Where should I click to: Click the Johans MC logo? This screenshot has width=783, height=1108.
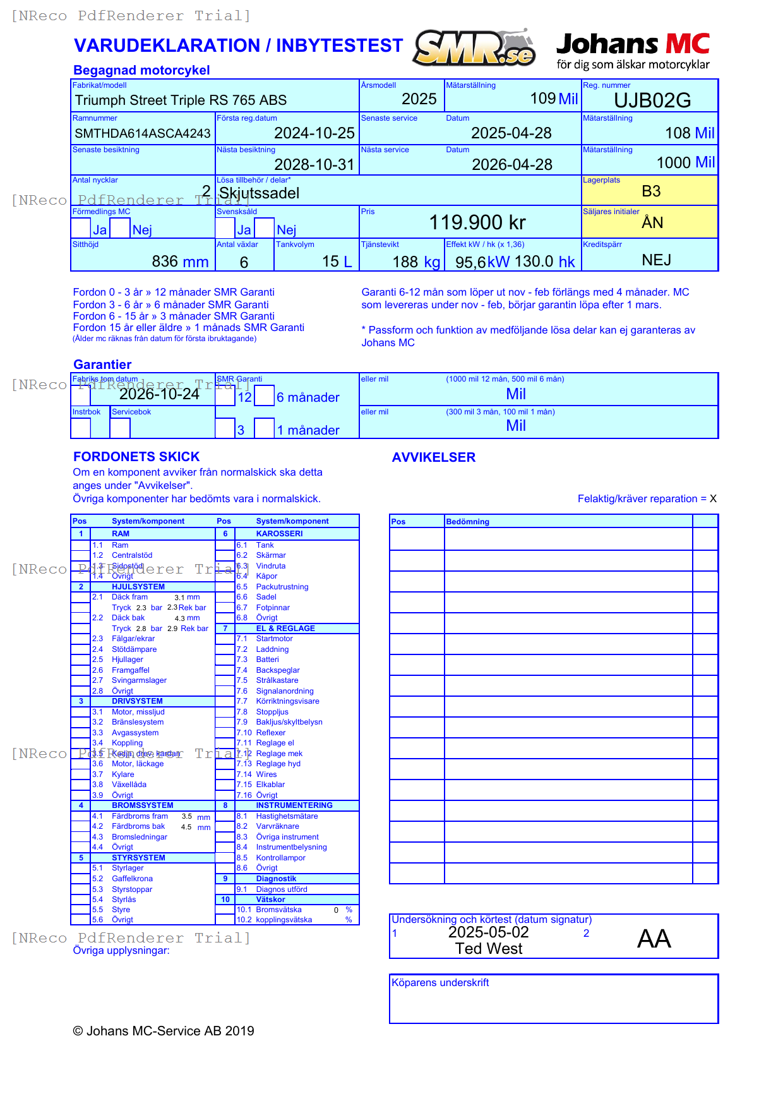633,51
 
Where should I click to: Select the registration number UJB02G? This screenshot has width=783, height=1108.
652,100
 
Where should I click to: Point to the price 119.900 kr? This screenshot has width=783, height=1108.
477,222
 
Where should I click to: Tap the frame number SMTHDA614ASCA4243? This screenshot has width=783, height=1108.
143,133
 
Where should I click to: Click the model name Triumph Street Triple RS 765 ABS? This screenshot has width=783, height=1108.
181,100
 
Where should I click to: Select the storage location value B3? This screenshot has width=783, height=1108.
651,191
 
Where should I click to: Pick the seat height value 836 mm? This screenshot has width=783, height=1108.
180,262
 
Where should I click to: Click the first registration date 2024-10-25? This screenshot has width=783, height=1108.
314,133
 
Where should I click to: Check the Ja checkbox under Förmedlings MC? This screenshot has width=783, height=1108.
81,228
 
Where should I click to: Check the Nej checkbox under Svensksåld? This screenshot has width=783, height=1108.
265,228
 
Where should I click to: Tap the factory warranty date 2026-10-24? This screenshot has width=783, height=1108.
159,394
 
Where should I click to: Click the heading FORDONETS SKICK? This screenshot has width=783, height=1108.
136,457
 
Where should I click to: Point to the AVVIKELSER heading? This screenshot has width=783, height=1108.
434,457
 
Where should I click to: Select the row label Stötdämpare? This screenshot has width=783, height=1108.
134,649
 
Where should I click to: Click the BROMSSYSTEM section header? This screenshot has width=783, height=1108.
142,805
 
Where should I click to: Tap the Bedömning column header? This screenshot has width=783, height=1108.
467,522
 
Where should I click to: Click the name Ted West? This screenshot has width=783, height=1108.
489,949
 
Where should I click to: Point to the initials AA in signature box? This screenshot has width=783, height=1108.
654,939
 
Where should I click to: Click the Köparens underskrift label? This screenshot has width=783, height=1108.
440,982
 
